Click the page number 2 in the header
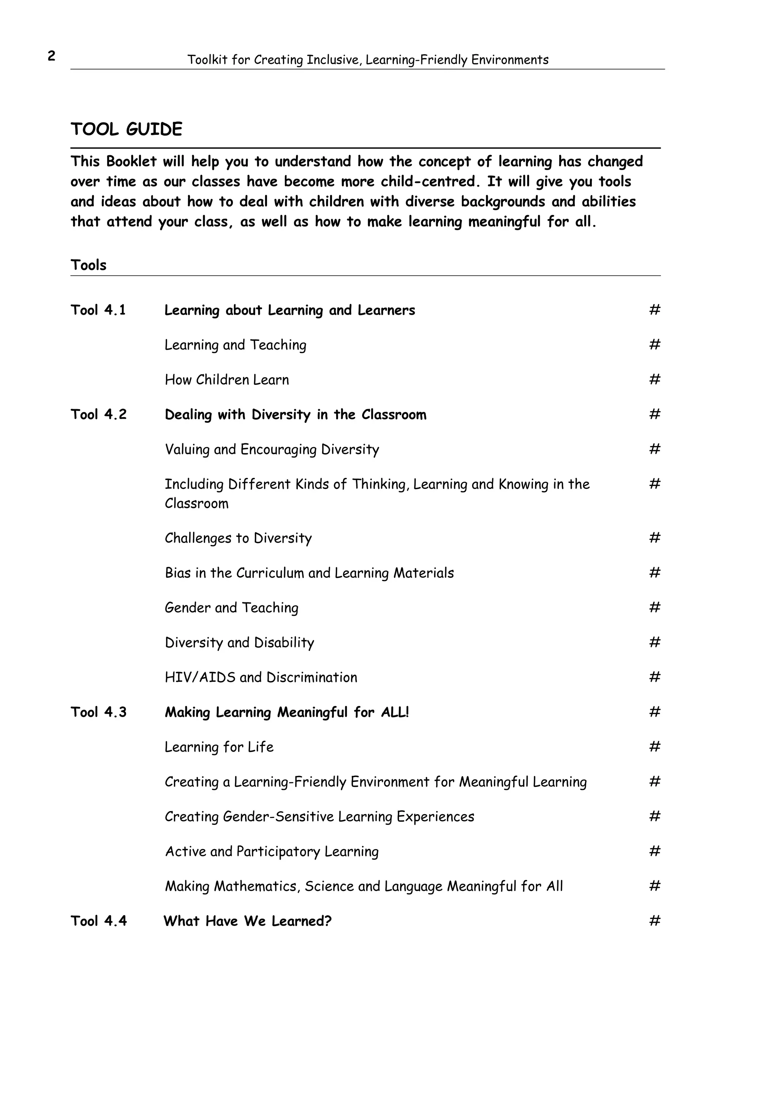pos(51,57)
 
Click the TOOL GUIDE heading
pos(127,129)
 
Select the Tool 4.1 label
pos(98,310)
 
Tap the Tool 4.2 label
pos(98,414)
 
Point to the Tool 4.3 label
pos(98,712)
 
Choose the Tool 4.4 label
pos(98,921)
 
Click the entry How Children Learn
pos(227,380)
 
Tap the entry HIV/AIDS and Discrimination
pos(261,678)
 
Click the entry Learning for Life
pos(219,747)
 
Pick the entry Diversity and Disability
pos(239,643)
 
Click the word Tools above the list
pos(89,265)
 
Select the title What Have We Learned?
pos(247,921)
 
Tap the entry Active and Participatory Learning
pos(272,851)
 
